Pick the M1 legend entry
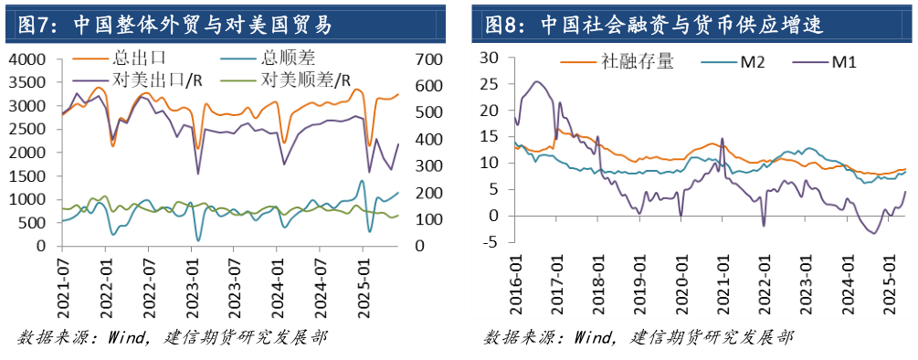[845, 61]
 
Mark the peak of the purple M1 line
[536, 82]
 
